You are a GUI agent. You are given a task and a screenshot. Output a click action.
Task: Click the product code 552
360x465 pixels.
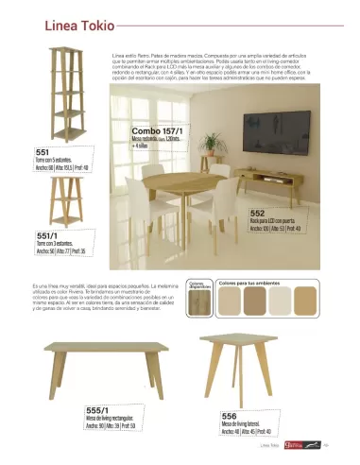coord(257,214)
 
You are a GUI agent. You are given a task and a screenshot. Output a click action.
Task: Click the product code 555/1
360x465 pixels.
coord(98,407)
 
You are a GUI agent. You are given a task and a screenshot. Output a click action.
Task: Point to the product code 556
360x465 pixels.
coord(230,415)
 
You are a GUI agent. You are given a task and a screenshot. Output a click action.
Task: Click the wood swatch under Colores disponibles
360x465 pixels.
coord(198,302)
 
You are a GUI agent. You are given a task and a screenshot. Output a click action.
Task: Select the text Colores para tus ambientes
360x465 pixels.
coord(248,282)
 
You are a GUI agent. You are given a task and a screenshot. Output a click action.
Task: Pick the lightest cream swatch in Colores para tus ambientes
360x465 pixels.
coord(231,302)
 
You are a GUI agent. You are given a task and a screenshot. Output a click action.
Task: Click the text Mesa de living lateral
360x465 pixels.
coord(241,424)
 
